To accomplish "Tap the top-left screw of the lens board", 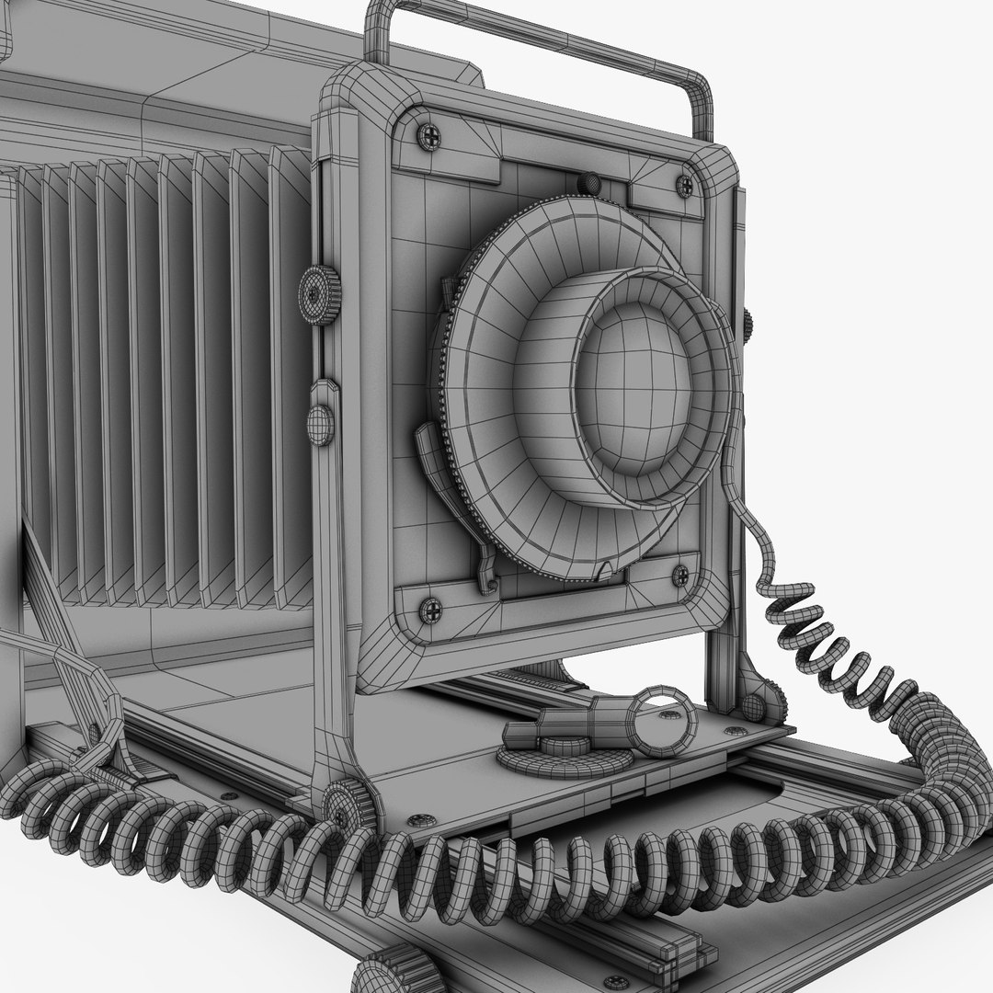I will click(428, 137).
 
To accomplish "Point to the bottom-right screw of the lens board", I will click(681, 576).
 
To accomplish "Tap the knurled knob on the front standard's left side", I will click(319, 294).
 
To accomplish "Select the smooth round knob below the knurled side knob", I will click(320, 425).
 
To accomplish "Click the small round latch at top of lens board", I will click(590, 184).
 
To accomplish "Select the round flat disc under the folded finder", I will click(563, 759).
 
